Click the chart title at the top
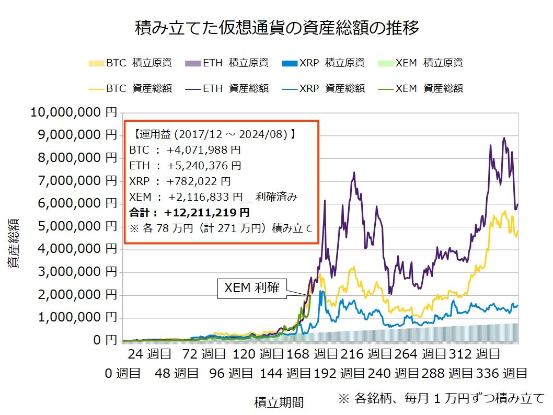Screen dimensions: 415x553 277,27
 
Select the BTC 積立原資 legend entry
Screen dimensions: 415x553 131,63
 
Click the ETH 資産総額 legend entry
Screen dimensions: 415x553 227,88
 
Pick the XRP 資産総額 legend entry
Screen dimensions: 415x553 324,88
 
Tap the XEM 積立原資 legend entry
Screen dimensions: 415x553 421,63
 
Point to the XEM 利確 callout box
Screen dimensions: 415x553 252,288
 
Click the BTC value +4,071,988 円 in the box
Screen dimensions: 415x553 204,150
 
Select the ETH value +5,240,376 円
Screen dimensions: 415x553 204,166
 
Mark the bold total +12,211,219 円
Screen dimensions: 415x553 206,213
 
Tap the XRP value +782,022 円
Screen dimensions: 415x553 199,181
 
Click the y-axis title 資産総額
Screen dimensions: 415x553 14,244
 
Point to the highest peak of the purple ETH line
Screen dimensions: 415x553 504,138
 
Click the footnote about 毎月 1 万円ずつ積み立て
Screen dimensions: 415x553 441,398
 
